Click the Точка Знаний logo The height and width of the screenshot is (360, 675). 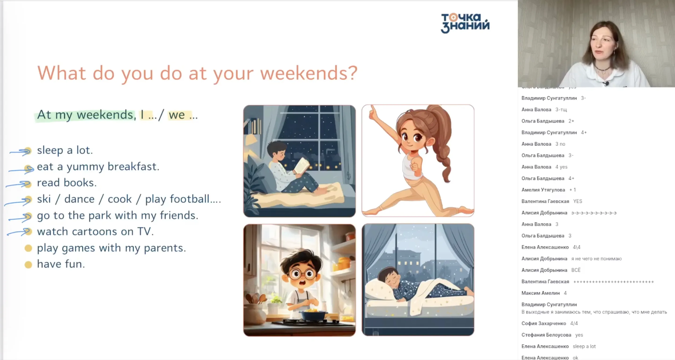click(x=465, y=23)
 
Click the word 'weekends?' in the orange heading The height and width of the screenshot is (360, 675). click(x=309, y=73)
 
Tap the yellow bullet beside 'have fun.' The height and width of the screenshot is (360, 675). click(x=28, y=265)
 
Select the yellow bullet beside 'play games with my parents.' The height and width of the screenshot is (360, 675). click(x=28, y=248)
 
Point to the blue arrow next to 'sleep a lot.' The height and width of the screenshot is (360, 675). click(x=20, y=151)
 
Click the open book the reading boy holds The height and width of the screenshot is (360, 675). click(x=302, y=166)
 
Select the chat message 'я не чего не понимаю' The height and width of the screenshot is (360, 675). click(x=596, y=259)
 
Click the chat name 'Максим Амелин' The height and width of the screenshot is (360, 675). click(x=540, y=293)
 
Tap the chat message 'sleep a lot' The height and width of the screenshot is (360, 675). click(x=584, y=346)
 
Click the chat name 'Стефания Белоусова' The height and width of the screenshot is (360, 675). click(x=546, y=335)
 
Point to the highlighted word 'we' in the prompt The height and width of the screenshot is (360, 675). click(x=177, y=115)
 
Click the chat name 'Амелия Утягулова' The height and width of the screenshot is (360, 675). click(x=543, y=190)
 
